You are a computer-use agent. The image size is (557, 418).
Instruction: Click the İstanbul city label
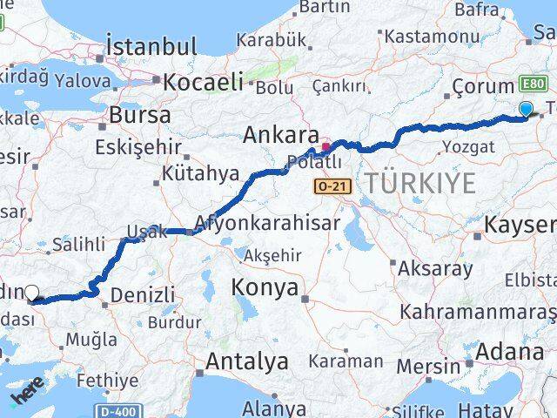pos(151,45)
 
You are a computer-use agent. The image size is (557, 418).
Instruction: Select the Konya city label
pos(265,288)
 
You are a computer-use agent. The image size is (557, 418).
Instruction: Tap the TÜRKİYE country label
pos(419,183)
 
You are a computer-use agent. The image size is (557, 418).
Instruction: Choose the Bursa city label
pos(138,115)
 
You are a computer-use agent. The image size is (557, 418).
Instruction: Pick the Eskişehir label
pos(133,145)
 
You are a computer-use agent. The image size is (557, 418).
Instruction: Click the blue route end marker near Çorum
pos(526,109)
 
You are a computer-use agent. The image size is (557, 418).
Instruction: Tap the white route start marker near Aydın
pos(32,293)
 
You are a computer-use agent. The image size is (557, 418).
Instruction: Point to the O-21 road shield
pos(332,186)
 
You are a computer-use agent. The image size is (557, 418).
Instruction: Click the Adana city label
pos(509,353)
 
